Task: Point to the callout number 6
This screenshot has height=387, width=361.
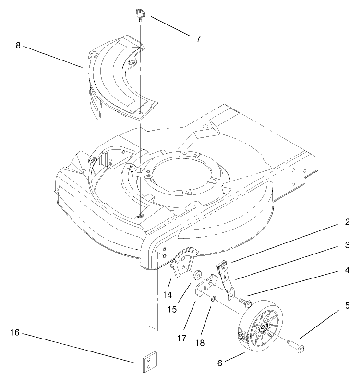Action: click(220, 363)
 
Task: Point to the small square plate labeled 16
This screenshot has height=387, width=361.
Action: click(149, 362)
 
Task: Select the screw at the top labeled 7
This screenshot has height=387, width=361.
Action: click(140, 15)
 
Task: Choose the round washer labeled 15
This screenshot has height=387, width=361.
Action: click(197, 276)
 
